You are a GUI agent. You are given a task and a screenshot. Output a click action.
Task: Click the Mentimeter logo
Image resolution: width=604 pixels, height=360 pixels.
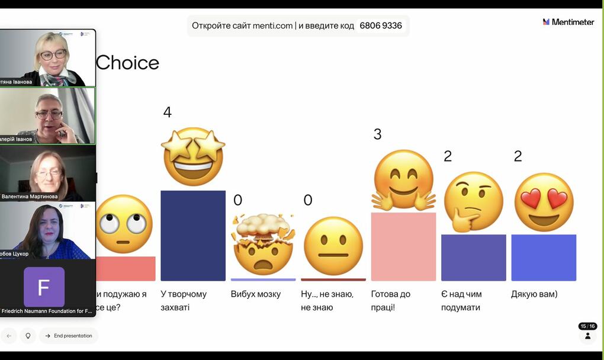pos(568,22)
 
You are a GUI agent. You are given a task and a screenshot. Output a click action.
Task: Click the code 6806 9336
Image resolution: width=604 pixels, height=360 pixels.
pos(381,26)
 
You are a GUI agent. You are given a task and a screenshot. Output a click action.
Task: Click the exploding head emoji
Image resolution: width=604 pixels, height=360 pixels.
pos(263,244)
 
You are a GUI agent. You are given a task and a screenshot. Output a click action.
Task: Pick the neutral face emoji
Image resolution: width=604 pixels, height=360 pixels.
pos(333,246)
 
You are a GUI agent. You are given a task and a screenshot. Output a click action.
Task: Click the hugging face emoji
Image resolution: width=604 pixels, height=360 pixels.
pos(404,180)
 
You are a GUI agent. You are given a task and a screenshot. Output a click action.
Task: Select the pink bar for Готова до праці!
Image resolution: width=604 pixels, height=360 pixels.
pos(403,246)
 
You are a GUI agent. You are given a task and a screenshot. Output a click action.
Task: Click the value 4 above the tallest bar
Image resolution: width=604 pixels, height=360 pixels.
pos(167,112)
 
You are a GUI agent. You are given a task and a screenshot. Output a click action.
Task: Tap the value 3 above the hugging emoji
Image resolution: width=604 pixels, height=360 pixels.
pos(377,134)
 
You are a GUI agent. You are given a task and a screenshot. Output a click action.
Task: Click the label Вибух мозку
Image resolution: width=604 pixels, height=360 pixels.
pos(256,294)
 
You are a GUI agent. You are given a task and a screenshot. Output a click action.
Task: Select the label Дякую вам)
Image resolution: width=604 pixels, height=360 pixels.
pos(534,294)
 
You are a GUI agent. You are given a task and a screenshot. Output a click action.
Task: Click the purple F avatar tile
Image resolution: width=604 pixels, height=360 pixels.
pos(44,287)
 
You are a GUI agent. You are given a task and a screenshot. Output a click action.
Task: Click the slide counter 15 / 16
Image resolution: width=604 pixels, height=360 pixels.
pos(587,326)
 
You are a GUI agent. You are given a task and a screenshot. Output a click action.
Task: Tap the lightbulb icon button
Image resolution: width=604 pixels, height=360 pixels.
pos(27,336)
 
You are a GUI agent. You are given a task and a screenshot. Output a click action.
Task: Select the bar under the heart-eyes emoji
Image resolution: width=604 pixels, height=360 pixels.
pos(544,258)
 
